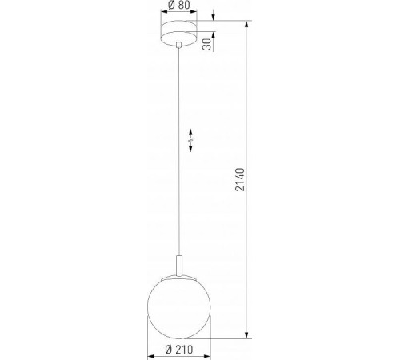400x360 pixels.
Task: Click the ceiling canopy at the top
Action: (178, 34)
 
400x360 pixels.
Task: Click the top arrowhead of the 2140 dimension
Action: (246, 25)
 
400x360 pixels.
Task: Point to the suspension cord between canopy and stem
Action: (178, 144)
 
